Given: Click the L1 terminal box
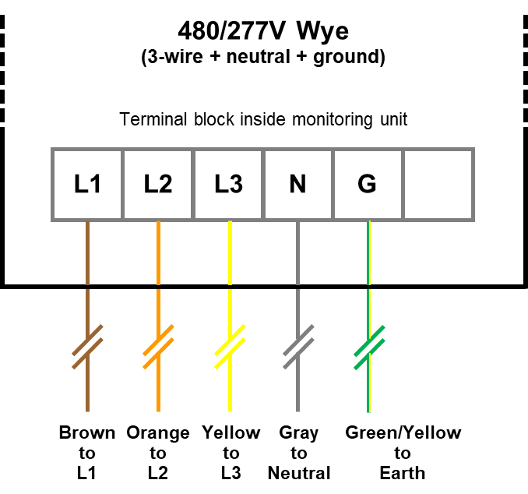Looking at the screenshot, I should tap(87, 185).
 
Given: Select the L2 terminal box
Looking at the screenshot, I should tap(158, 185).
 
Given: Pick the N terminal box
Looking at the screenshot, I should tap(297, 185).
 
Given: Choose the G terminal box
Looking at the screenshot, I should tap(367, 185).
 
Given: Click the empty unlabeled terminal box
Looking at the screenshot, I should tap(438, 185).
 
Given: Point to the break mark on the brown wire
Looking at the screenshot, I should tap(88, 347).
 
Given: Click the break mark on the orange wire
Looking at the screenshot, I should tap(158, 347).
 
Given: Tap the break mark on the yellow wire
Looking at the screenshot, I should tap(230, 347).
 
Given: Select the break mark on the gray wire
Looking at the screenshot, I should tap(298, 347).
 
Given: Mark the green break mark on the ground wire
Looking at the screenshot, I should tap(369, 347).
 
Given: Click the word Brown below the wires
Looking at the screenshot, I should tap(87, 433).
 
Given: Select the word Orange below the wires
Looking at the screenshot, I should tap(158, 433).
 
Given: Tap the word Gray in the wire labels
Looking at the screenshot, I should tap(298, 433).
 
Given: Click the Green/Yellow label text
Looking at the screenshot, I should tap(403, 433).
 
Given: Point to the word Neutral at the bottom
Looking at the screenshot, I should tap(299, 473).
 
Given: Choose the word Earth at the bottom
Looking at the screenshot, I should tap(403, 473).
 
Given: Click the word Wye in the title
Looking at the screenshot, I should tap(321, 32).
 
